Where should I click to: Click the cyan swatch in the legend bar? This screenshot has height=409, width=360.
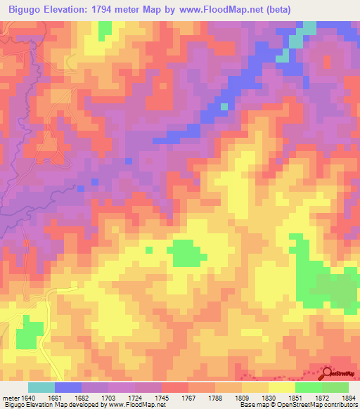41,387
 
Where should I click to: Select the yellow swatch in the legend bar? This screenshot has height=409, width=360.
282,387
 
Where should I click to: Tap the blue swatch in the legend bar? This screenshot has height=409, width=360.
68,387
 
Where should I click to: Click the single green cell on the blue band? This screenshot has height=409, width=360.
224,107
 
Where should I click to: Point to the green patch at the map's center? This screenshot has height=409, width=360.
185,253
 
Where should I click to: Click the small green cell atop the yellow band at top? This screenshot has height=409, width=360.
105,29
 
